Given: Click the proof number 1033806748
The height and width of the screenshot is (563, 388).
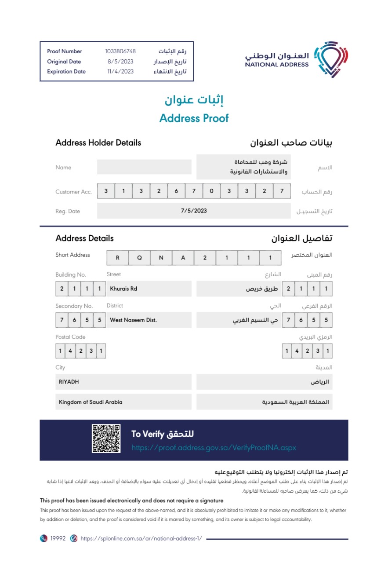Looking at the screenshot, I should click(120, 51).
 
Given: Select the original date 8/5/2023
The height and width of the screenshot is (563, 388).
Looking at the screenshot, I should click(120, 62).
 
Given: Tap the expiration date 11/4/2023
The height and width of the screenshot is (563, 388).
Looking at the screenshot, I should click(120, 72).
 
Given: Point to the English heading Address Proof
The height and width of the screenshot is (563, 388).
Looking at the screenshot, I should click(194, 118).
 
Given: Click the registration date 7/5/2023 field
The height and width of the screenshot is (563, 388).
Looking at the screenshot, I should click(194, 211).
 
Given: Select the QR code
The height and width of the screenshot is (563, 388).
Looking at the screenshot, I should click(106, 439).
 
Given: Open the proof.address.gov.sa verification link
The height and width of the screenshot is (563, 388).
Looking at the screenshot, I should click(214, 448).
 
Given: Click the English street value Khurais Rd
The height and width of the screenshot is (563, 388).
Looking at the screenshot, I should click(123, 289).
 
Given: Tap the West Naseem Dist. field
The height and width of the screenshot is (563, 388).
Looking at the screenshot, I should click(133, 320).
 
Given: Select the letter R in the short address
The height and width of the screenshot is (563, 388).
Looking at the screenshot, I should click(118, 258).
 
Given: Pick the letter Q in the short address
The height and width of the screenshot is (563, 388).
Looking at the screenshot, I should click(139, 258).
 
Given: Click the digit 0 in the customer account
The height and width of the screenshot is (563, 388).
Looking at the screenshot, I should click(211, 191).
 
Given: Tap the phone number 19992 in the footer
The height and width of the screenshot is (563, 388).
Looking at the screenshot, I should click(58, 538).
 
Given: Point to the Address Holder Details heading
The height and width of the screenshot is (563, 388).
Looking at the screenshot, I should click(98, 143).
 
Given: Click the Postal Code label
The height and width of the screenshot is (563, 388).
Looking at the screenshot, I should click(70, 337).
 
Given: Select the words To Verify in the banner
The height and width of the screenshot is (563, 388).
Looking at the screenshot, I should click(148, 434).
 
